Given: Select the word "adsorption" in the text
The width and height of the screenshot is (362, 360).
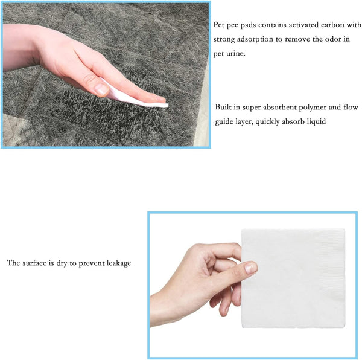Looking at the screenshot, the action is pyautogui.click(x=255, y=39).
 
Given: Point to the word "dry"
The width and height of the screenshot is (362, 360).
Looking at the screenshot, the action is pyautogui.click(x=62, y=263).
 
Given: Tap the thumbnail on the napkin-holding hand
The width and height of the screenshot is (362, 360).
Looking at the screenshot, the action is pyautogui.click(x=250, y=268).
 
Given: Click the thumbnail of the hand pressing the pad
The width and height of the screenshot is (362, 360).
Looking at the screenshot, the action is pyautogui.click(x=101, y=90).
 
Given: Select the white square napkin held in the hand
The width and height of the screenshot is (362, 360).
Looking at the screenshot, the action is pyautogui.click(x=293, y=278).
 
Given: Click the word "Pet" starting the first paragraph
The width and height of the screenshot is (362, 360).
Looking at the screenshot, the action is pyautogui.click(x=218, y=25).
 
